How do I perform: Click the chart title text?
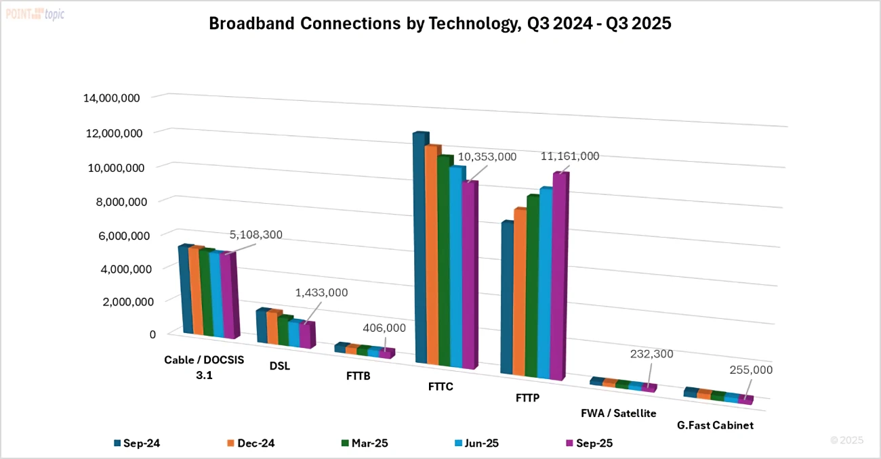coord(440,24)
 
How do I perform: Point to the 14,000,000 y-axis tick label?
coord(111,98)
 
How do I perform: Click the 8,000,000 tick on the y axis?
coord(111,202)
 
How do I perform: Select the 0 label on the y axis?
coord(152,334)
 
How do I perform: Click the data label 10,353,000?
coord(487,157)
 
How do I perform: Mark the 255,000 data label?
coord(750,370)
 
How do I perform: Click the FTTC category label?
coord(440,387)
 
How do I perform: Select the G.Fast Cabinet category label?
coord(715,425)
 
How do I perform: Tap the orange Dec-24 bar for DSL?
coord(272,328)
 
